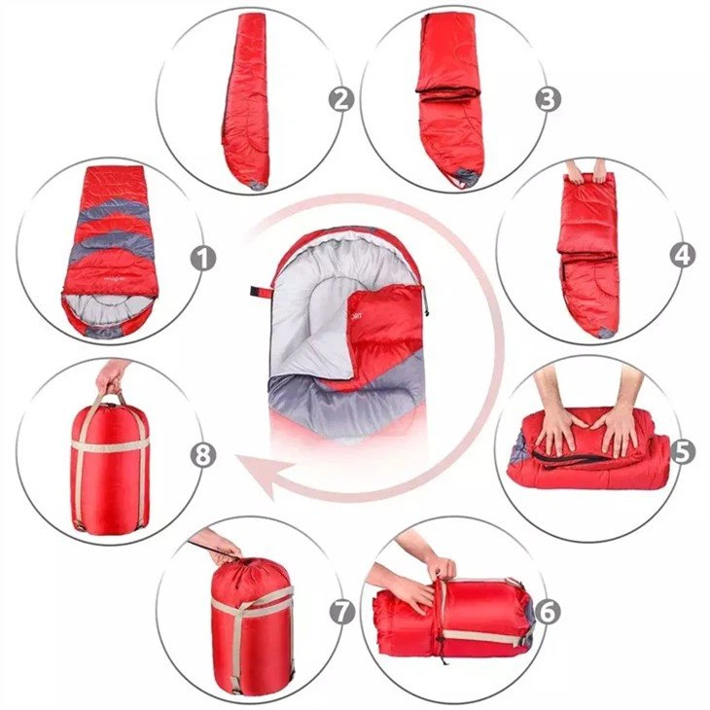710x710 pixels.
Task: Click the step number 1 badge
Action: tap(202, 258)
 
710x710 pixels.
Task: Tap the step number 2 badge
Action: tap(339, 99)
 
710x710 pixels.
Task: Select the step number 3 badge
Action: tap(549, 99)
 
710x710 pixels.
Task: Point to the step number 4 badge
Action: tap(683, 255)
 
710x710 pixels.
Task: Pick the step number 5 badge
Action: tap(684, 451)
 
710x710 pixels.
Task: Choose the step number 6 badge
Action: tap(548, 612)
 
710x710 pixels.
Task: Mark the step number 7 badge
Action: tap(340, 612)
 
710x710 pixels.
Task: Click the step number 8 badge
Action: tap(202, 454)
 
